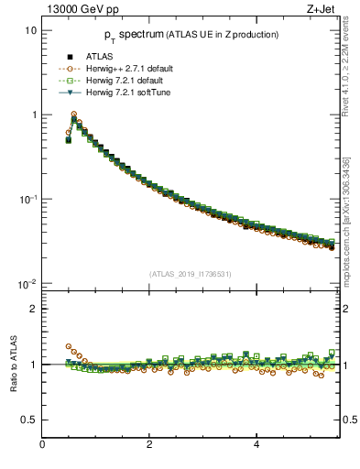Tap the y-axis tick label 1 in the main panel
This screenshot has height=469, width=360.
point(33,115)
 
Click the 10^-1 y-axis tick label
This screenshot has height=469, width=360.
point(27,199)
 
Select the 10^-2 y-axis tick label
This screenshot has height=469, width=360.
point(27,283)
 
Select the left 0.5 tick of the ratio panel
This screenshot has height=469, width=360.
point(29,420)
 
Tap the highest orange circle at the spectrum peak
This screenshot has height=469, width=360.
point(74,115)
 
